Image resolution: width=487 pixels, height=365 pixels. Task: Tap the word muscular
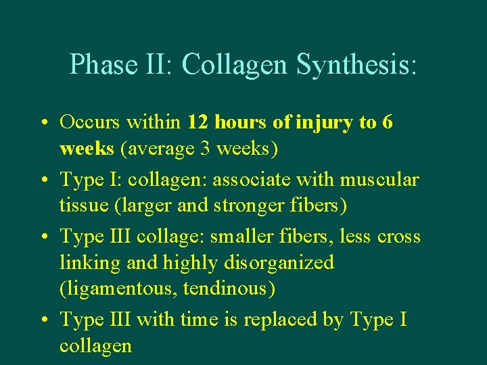(x=379, y=180)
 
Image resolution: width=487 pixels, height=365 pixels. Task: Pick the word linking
(x=88, y=262)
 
